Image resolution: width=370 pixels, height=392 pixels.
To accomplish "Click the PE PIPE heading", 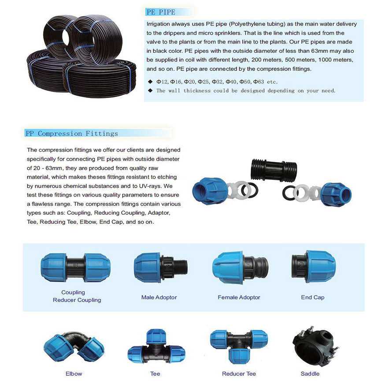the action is pos(161,12).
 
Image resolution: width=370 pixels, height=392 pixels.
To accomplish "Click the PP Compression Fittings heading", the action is pos(72,134).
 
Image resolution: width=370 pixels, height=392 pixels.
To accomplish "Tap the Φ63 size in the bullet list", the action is pos(259,82).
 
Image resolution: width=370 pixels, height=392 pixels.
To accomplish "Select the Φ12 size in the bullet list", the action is pos(162,82).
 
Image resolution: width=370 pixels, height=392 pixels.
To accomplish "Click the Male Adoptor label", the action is pos(159,297).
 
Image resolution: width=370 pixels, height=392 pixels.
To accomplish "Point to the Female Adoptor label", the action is pos(239,297).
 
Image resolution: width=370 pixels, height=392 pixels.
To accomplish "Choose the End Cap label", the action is pos(313,297).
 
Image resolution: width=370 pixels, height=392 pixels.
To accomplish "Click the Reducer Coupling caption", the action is pos(77,300).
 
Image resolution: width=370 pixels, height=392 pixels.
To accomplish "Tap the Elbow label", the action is pos(74,373).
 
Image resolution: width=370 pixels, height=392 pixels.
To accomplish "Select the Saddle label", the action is pos(310,373).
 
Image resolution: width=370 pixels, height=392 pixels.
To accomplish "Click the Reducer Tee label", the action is pos(239,373).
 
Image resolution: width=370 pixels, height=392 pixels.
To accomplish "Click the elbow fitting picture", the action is pos(74,346).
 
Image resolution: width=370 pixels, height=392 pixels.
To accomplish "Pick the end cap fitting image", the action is pos(314,266).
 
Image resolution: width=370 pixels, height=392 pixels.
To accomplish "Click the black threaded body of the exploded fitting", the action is pos(274,169).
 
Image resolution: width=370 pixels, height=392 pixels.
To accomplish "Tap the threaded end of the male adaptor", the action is pos(181,268).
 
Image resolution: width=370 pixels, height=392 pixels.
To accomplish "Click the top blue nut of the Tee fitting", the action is pos(156,336).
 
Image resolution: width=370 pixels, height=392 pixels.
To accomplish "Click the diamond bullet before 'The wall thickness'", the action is pos(150,90).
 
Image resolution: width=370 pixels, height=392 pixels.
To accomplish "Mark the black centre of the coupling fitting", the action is pos(75,267).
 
